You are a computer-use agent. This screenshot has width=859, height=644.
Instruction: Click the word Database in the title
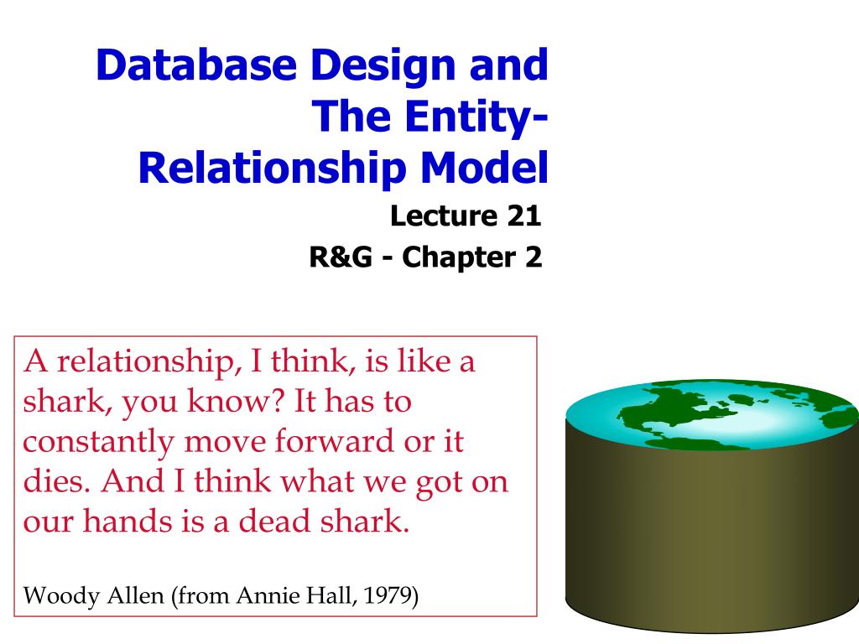coord(196,65)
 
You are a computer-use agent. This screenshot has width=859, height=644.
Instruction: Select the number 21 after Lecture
coord(523,216)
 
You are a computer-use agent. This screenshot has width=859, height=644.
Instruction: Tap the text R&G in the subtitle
coord(341,257)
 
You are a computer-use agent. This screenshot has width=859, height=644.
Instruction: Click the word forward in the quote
coord(334,441)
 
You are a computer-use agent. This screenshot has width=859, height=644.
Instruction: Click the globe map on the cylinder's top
coord(712,414)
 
